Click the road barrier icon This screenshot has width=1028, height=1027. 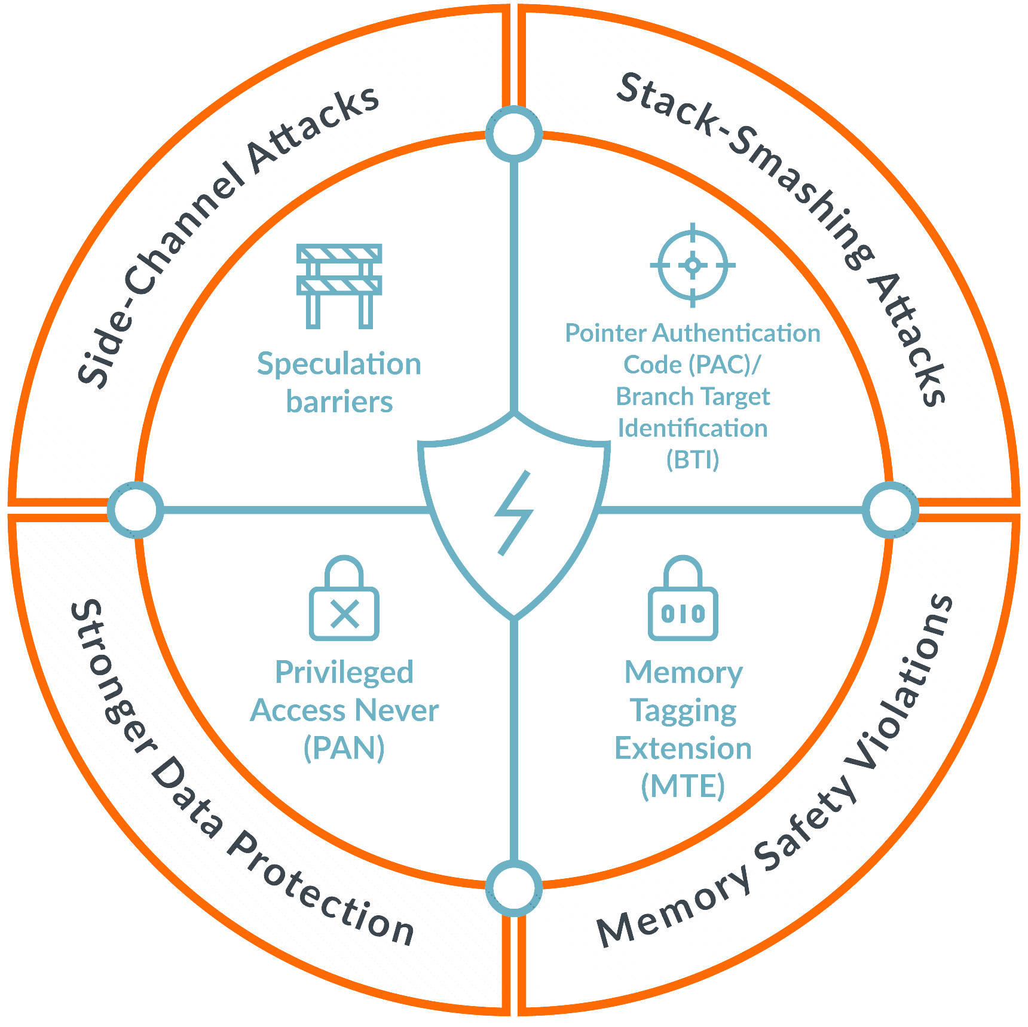point(339,286)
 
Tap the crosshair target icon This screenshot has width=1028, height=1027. point(693,265)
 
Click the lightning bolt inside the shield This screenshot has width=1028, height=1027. point(514,513)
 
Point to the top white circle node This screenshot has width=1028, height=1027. point(514,133)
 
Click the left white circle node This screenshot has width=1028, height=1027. point(136,510)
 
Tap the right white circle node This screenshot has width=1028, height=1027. point(891,510)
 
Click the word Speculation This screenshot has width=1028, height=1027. point(339,364)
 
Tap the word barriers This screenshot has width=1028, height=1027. point(339,401)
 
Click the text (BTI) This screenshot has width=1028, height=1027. point(693,459)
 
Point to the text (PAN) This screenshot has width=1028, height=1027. point(344,747)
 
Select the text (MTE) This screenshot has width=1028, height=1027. point(683,785)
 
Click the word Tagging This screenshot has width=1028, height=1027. point(683,711)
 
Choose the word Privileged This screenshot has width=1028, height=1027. point(344,673)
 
